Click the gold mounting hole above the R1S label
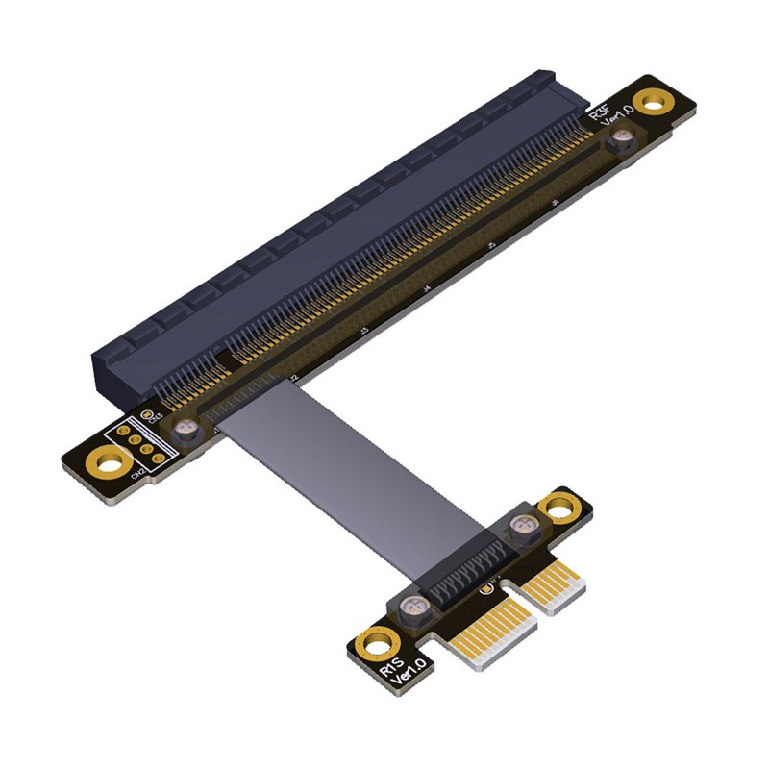coord(375,641)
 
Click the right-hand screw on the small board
coord(523,525)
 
